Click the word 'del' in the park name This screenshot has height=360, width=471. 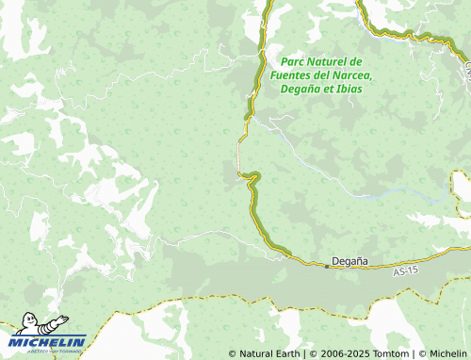[x=325, y=74]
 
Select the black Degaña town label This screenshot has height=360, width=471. [x=350, y=260]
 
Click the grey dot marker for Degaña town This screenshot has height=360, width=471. [x=327, y=266]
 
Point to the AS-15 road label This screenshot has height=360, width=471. [x=405, y=271]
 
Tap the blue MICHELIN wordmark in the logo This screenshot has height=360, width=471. [x=49, y=341]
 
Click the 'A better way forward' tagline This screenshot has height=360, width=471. [x=49, y=351]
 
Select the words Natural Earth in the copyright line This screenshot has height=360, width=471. [x=268, y=353]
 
